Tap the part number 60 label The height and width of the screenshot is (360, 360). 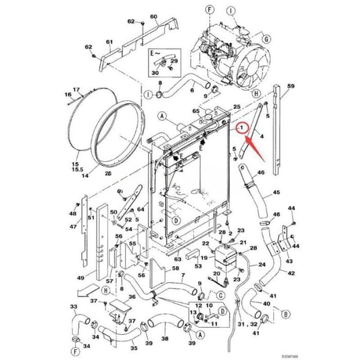pyautogui.click(x=153, y=17)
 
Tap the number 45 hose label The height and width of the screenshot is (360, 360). pyautogui.click(x=276, y=192)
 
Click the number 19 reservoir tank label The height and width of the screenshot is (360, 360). pyautogui.click(x=204, y=258)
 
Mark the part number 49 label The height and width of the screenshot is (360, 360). pyautogui.click(x=80, y=278)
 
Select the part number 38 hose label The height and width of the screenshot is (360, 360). pyautogui.click(x=165, y=338)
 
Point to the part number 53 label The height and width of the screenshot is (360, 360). pyautogui.click(x=197, y=266)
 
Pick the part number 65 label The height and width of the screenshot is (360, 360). pyautogui.click(x=195, y=111)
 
